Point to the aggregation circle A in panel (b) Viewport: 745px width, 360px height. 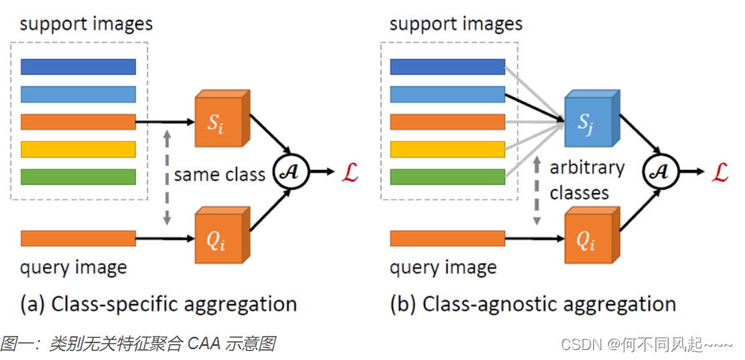click(x=660, y=172)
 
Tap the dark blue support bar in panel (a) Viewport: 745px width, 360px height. click(x=78, y=66)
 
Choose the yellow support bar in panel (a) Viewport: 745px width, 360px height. click(x=78, y=149)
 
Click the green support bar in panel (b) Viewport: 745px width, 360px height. click(x=448, y=177)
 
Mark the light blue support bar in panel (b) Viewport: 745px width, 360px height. click(x=448, y=94)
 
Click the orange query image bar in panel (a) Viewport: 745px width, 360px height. click(x=78, y=239)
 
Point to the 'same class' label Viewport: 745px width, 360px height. click(x=220, y=174)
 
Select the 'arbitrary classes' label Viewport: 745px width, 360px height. click(x=587, y=180)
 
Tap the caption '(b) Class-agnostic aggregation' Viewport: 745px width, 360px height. click(x=533, y=304)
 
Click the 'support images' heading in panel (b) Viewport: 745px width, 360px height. click(x=456, y=23)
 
